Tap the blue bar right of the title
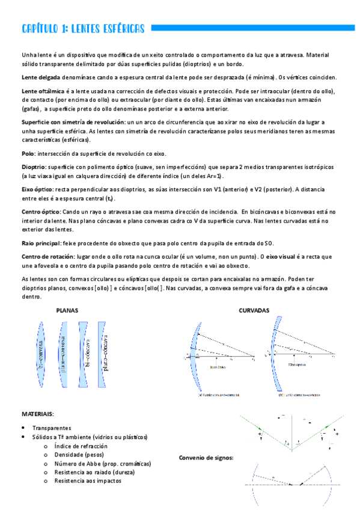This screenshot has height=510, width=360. coord(252,28)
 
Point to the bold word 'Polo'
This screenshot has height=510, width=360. coord(28,153)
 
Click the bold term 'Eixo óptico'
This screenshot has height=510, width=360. coord(38,189)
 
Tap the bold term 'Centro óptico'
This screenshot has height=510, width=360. coord(41,212)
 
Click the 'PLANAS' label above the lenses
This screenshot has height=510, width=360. coord(67,311)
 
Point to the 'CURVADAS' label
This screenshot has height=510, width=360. coord(254,311)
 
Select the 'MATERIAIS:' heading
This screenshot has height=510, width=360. coord(38,414)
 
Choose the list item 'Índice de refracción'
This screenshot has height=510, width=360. coord(81,446)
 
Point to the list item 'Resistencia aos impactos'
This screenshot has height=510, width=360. coord(87,481)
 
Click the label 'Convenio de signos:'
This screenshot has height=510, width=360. coord(206,458)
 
